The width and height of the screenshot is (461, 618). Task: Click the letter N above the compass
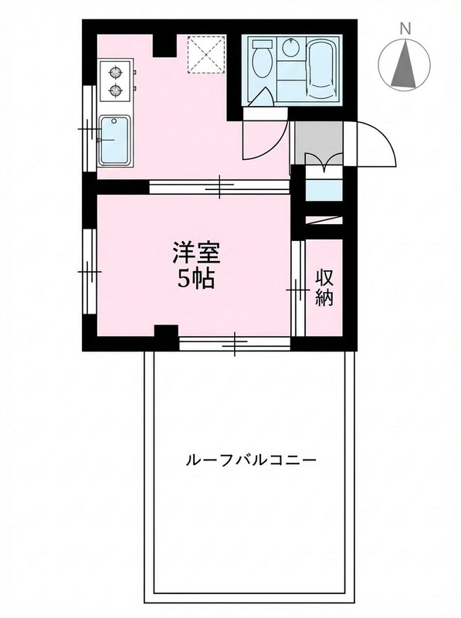pyautogui.click(x=404, y=29)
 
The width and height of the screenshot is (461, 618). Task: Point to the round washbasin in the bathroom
pyautogui.click(x=291, y=49)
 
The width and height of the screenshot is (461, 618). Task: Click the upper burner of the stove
pyautogui.click(x=117, y=74)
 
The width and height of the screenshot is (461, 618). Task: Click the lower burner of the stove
pyautogui.click(x=117, y=91)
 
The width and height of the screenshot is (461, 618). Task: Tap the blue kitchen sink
pyautogui.click(x=115, y=139)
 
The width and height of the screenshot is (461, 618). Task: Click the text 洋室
pyautogui.click(x=197, y=253)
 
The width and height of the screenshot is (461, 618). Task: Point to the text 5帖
pyautogui.click(x=197, y=279)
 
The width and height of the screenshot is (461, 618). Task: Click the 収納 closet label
pyautogui.click(x=324, y=287)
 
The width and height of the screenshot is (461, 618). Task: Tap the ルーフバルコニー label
pyautogui.click(x=251, y=460)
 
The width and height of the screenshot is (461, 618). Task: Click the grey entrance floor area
pyautogui.click(x=318, y=139)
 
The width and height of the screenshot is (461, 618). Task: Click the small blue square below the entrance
pyautogui.click(x=324, y=189)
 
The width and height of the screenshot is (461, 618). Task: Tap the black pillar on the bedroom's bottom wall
pyautogui.click(x=165, y=337)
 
